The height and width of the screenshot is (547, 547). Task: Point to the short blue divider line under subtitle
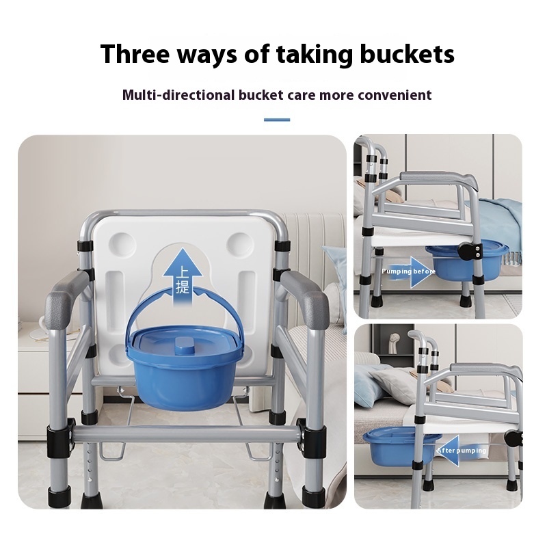click(277, 120)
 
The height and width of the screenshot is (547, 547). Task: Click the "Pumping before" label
click(408, 271)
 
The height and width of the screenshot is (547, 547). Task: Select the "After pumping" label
click(462, 451)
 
